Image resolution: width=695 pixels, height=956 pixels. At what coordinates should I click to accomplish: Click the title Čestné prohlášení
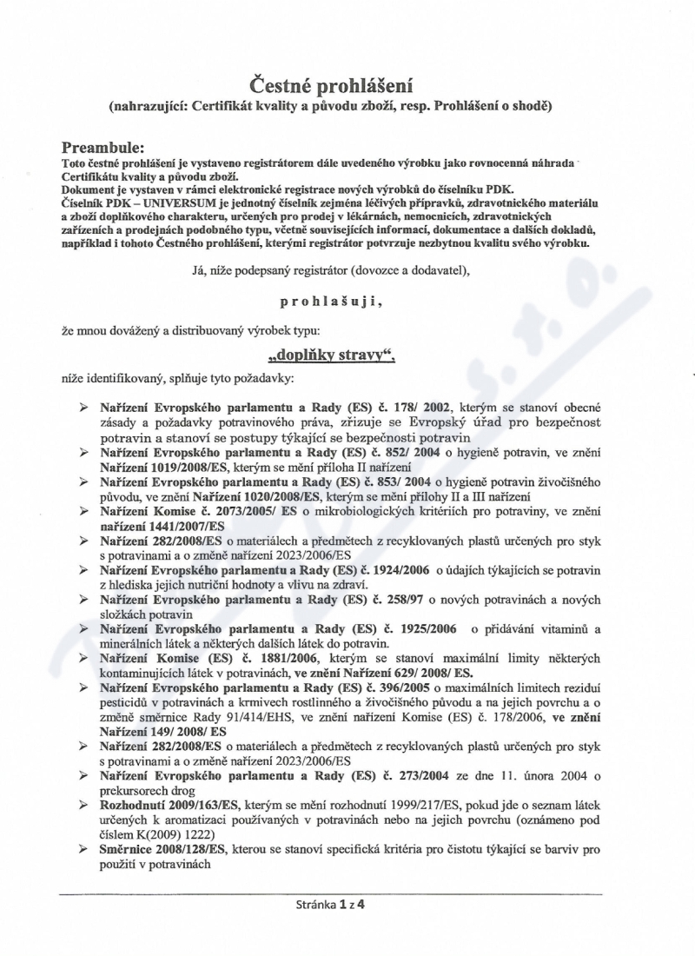(x=330, y=85)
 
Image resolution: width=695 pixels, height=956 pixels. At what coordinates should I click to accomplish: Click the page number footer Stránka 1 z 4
(x=330, y=904)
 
